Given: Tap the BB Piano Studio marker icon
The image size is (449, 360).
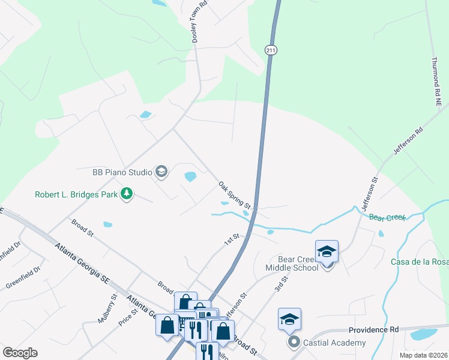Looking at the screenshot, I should point(161,172).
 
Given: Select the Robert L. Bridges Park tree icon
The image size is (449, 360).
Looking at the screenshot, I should point(126,194).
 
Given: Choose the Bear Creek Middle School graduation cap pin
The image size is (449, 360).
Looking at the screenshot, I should point(327,251).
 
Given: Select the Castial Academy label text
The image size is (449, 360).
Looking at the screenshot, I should point(335,343).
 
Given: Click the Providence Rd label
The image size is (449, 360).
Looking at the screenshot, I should point(374,330).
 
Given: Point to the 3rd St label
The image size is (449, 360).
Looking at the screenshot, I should point(281,284).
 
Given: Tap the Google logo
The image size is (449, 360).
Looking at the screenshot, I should point(20,353).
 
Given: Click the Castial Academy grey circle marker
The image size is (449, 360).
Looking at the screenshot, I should point(294,343).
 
